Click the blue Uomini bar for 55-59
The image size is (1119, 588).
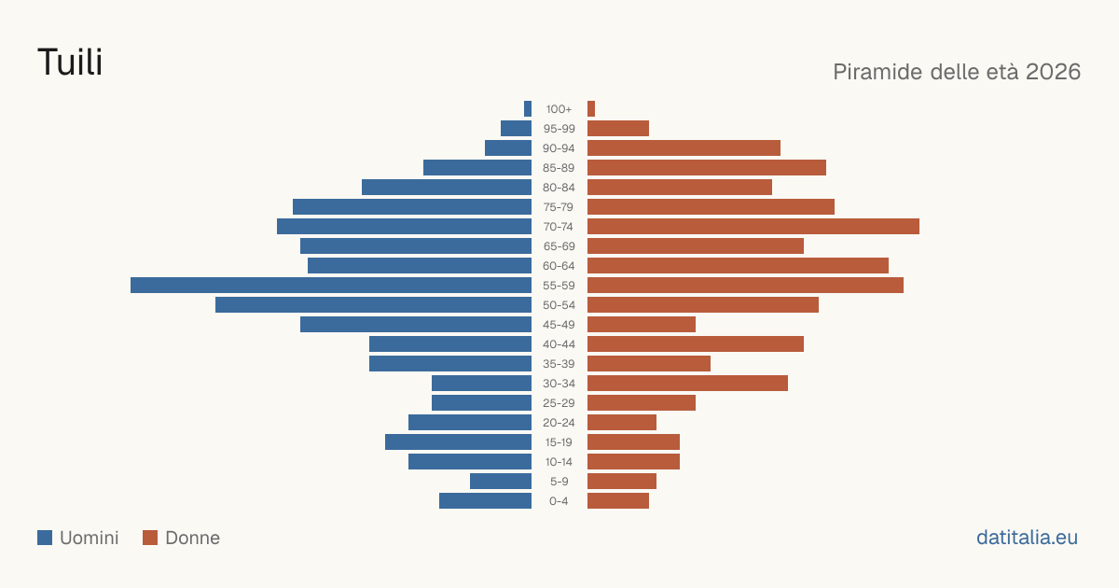click(331, 285)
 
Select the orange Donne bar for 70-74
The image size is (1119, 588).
click(753, 227)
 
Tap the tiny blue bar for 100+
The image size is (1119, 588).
click(528, 108)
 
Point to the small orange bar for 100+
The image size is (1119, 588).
click(591, 108)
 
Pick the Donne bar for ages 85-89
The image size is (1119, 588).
click(707, 167)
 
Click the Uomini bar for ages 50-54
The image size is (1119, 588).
click(373, 305)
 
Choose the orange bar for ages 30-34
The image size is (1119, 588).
click(687, 384)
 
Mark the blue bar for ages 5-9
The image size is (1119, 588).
click(501, 482)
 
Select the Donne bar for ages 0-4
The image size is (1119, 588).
click(618, 501)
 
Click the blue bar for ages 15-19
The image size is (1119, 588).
click(458, 442)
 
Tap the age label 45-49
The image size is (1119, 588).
click(559, 325)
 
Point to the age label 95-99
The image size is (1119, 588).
click(559, 129)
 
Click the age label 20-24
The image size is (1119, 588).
click(559, 423)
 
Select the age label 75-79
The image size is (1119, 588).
click(559, 207)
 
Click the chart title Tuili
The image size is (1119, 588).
click(70, 62)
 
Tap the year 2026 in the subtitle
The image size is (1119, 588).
click(1053, 72)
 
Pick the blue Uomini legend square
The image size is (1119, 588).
click(45, 538)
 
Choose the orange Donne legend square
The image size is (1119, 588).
click(150, 538)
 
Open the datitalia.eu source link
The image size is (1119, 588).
click(1027, 538)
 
